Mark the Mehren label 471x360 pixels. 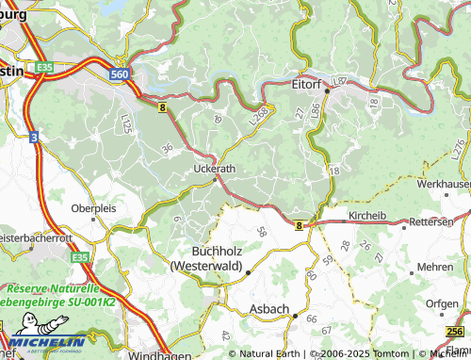(434, 268)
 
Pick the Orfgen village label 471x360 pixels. (441, 303)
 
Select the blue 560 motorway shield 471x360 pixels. (119, 72)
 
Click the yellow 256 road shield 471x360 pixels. (454, 332)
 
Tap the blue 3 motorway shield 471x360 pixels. (34, 138)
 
